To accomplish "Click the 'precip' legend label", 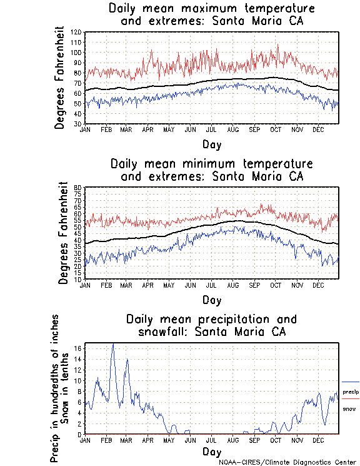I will (351, 392).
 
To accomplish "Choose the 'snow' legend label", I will (349, 408).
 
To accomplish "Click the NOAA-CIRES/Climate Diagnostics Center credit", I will (287, 462).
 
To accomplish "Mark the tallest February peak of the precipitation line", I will (113, 344).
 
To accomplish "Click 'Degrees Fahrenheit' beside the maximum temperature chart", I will (60, 78).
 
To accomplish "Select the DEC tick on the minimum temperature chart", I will (319, 285).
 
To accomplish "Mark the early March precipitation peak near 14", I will (127, 359).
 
